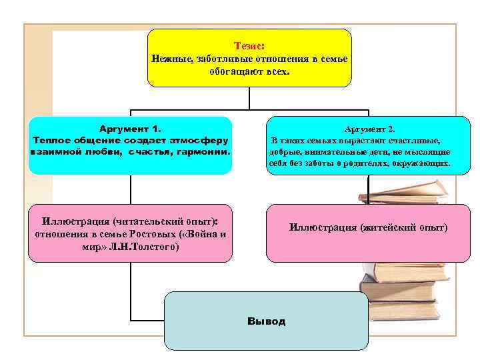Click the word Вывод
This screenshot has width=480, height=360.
tap(266, 321)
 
